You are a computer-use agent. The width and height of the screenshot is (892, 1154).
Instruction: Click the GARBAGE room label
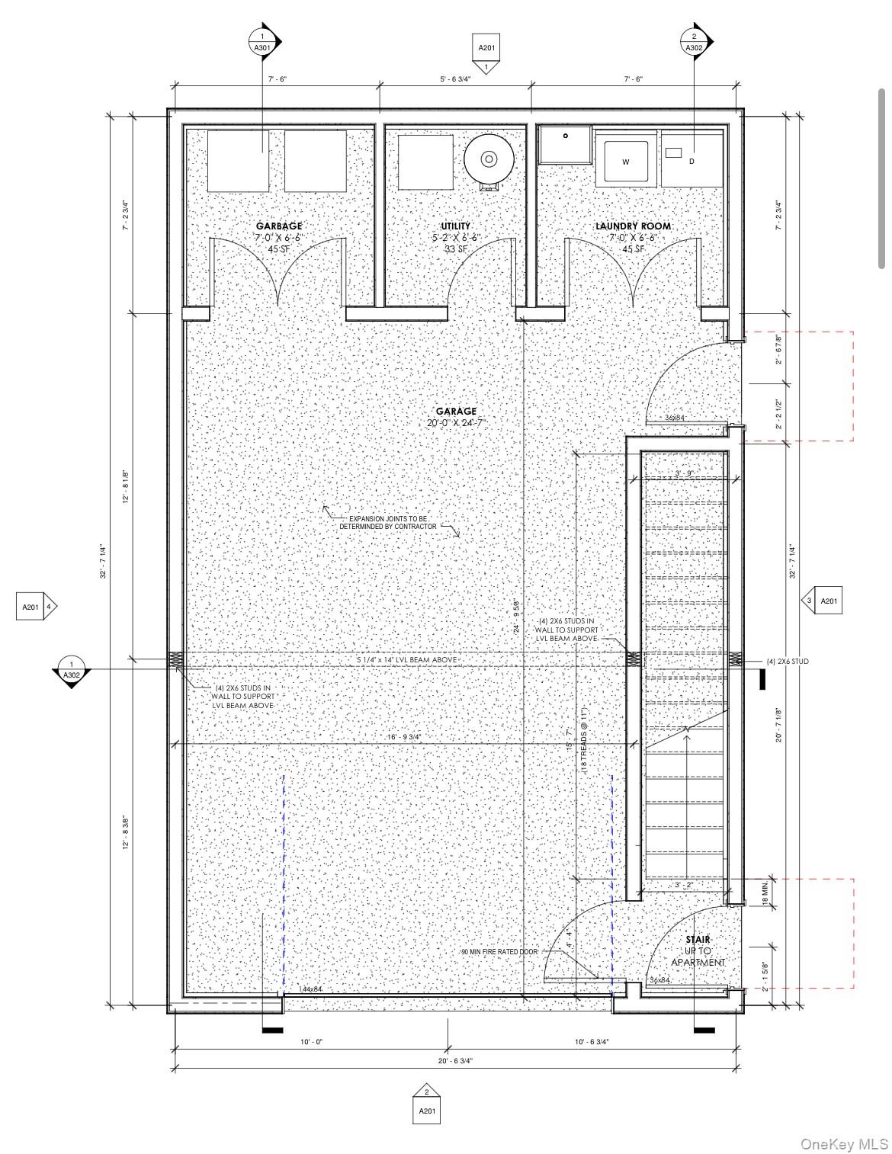278,226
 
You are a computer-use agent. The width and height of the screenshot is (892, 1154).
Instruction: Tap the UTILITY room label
455,226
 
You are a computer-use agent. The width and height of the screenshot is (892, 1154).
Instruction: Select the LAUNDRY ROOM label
633,226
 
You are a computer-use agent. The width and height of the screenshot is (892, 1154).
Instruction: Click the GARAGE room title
456,411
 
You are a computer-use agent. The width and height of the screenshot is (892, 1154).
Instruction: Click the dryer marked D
691,161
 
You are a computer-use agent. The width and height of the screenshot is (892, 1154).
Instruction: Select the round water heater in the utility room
487,159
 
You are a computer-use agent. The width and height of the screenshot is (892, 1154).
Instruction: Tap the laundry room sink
566,145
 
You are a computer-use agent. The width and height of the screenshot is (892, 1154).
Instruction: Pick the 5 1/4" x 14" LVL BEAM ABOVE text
407,659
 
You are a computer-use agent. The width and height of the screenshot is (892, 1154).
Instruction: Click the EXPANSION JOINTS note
388,522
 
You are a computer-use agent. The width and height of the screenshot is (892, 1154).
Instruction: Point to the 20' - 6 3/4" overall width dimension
456,1060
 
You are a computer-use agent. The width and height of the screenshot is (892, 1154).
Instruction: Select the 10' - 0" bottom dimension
311,1041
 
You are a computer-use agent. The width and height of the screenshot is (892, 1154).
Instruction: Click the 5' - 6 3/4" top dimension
455,79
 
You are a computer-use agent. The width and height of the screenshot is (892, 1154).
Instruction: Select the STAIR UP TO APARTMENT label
698,950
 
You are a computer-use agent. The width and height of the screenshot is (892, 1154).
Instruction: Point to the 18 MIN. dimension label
765,890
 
